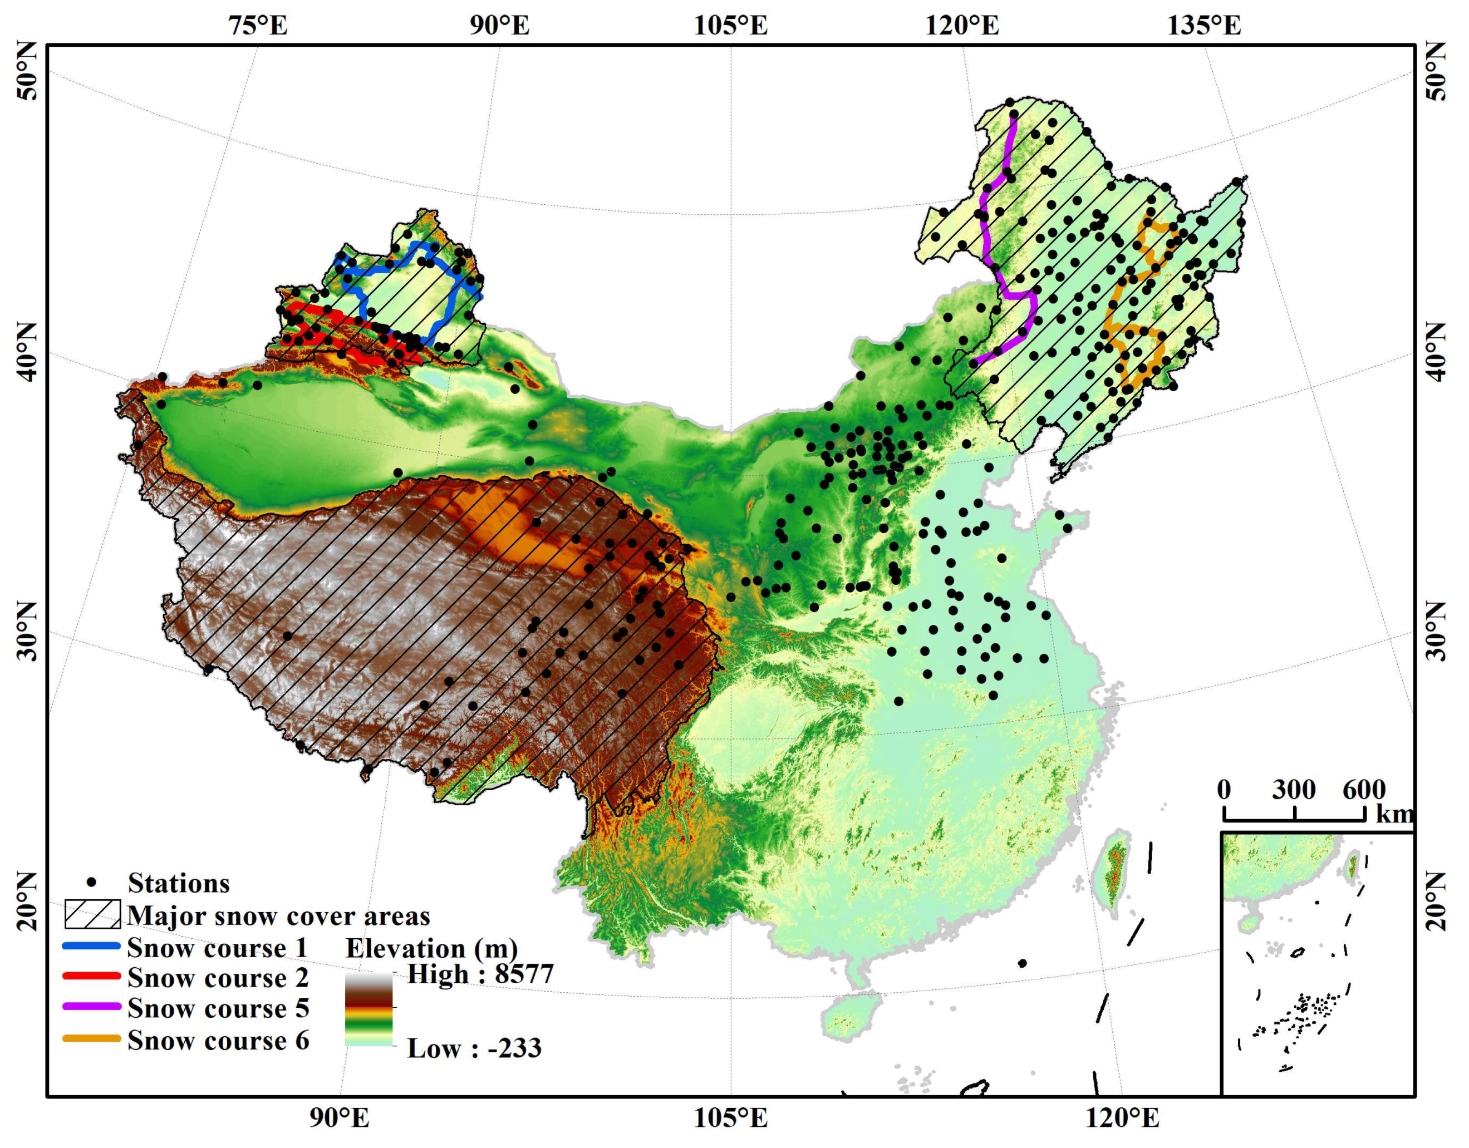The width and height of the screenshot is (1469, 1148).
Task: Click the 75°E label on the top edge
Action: pos(258,26)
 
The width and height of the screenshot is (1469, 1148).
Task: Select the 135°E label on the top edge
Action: pos(1204,26)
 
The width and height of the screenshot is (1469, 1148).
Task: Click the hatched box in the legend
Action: pos(93,913)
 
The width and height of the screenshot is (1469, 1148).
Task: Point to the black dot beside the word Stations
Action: pos(93,881)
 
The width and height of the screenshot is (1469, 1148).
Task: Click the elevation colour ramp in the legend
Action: pos(369,1009)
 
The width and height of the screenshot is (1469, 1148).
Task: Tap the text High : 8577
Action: pos(480,973)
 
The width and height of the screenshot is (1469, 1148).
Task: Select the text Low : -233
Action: pos(474,1048)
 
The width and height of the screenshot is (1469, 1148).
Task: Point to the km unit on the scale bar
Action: pos(1394,815)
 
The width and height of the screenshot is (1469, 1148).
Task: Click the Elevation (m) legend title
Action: pos(432,948)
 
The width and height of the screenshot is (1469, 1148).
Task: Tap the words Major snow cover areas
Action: pos(278,916)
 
